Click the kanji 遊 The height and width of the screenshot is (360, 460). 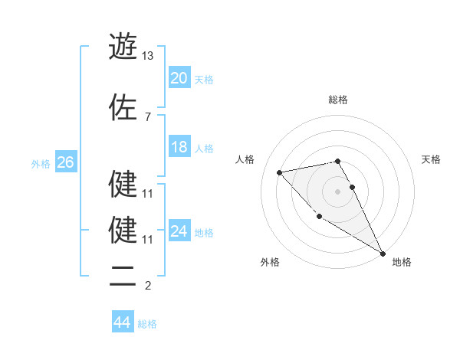[x=123, y=47]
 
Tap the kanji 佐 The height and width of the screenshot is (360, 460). [x=123, y=107]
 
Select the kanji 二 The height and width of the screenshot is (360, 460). [x=123, y=277]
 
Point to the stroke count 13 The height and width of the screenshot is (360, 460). [x=148, y=56]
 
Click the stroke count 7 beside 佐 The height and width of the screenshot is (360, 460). [x=147, y=116]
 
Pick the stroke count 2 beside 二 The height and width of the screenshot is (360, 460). [x=147, y=286]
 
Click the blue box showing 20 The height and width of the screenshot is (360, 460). [x=179, y=78]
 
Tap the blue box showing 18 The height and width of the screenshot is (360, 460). [x=179, y=147]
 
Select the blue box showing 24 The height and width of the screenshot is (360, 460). [x=179, y=231]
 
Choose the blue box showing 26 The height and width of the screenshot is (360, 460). [x=65, y=162]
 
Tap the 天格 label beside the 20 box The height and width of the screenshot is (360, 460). [x=204, y=79]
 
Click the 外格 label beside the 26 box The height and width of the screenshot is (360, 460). [x=41, y=163]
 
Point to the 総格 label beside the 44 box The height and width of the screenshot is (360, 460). [x=147, y=323]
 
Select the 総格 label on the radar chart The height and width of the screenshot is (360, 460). [x=337, y=100]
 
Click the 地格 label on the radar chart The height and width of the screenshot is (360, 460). [x=402, y=262]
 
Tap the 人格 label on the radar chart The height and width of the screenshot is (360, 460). [x=245, y=159]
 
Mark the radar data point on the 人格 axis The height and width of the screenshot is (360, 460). [x=280, y=172]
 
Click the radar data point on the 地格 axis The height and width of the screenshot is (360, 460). [x=383, y=254]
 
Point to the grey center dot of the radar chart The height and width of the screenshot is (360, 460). [x=337, y=191]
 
